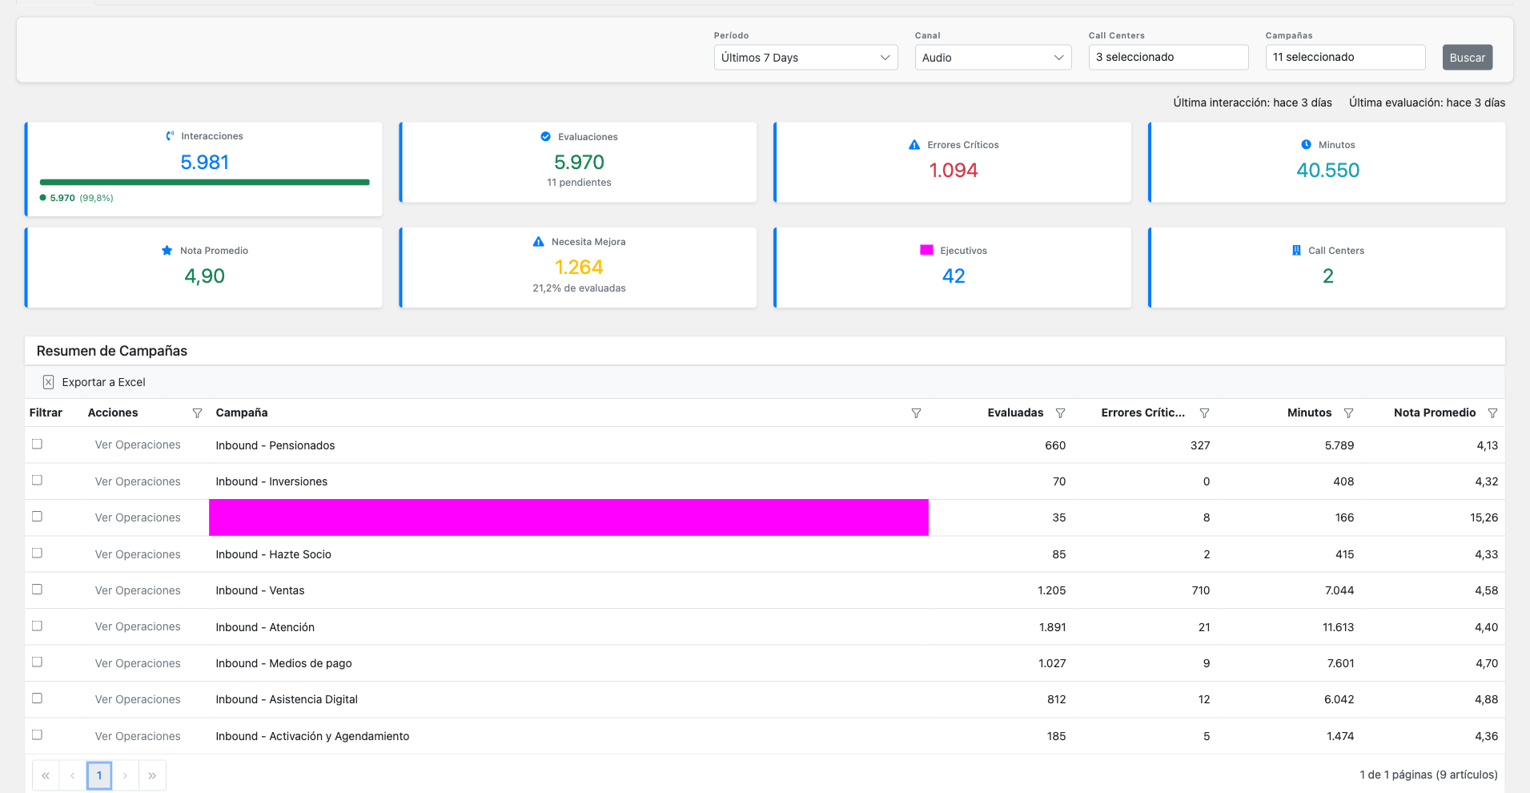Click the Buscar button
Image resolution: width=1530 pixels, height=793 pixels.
tap(1467, 58)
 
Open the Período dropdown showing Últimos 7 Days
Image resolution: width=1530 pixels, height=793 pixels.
tap(805, 58)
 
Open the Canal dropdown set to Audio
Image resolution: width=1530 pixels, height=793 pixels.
tap(992, 58)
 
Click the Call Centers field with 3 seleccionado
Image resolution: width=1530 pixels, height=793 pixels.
tap(1167, 57)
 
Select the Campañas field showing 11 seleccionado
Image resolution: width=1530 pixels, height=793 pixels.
tap(1344, 57)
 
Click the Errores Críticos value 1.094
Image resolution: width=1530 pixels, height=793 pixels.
tap(953, 171)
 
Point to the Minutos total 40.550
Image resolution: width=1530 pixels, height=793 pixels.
tap(1327, 171)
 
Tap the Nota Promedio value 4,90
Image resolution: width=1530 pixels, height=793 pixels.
tap(204, 276)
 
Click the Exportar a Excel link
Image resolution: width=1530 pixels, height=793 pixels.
tap(103, 382)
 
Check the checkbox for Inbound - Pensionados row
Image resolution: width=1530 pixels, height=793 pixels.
tap(37, 444)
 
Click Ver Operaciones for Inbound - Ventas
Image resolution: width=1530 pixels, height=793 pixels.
tap(138, 590)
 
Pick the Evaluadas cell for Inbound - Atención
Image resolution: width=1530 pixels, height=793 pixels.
tap(1052, 627)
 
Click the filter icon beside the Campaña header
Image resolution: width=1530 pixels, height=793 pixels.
tap(916, 413)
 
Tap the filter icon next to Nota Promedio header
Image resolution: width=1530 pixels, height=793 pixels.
tap(1492, 413)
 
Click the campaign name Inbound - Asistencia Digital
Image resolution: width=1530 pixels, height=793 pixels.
tap(287, 699)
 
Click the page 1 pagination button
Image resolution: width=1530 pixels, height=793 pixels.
tap(99, 775)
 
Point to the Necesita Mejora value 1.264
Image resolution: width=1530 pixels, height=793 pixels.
tap(579, 268)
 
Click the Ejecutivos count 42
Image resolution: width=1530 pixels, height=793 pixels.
tap(953, 276)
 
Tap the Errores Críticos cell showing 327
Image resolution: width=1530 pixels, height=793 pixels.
tap(1199, 445)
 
